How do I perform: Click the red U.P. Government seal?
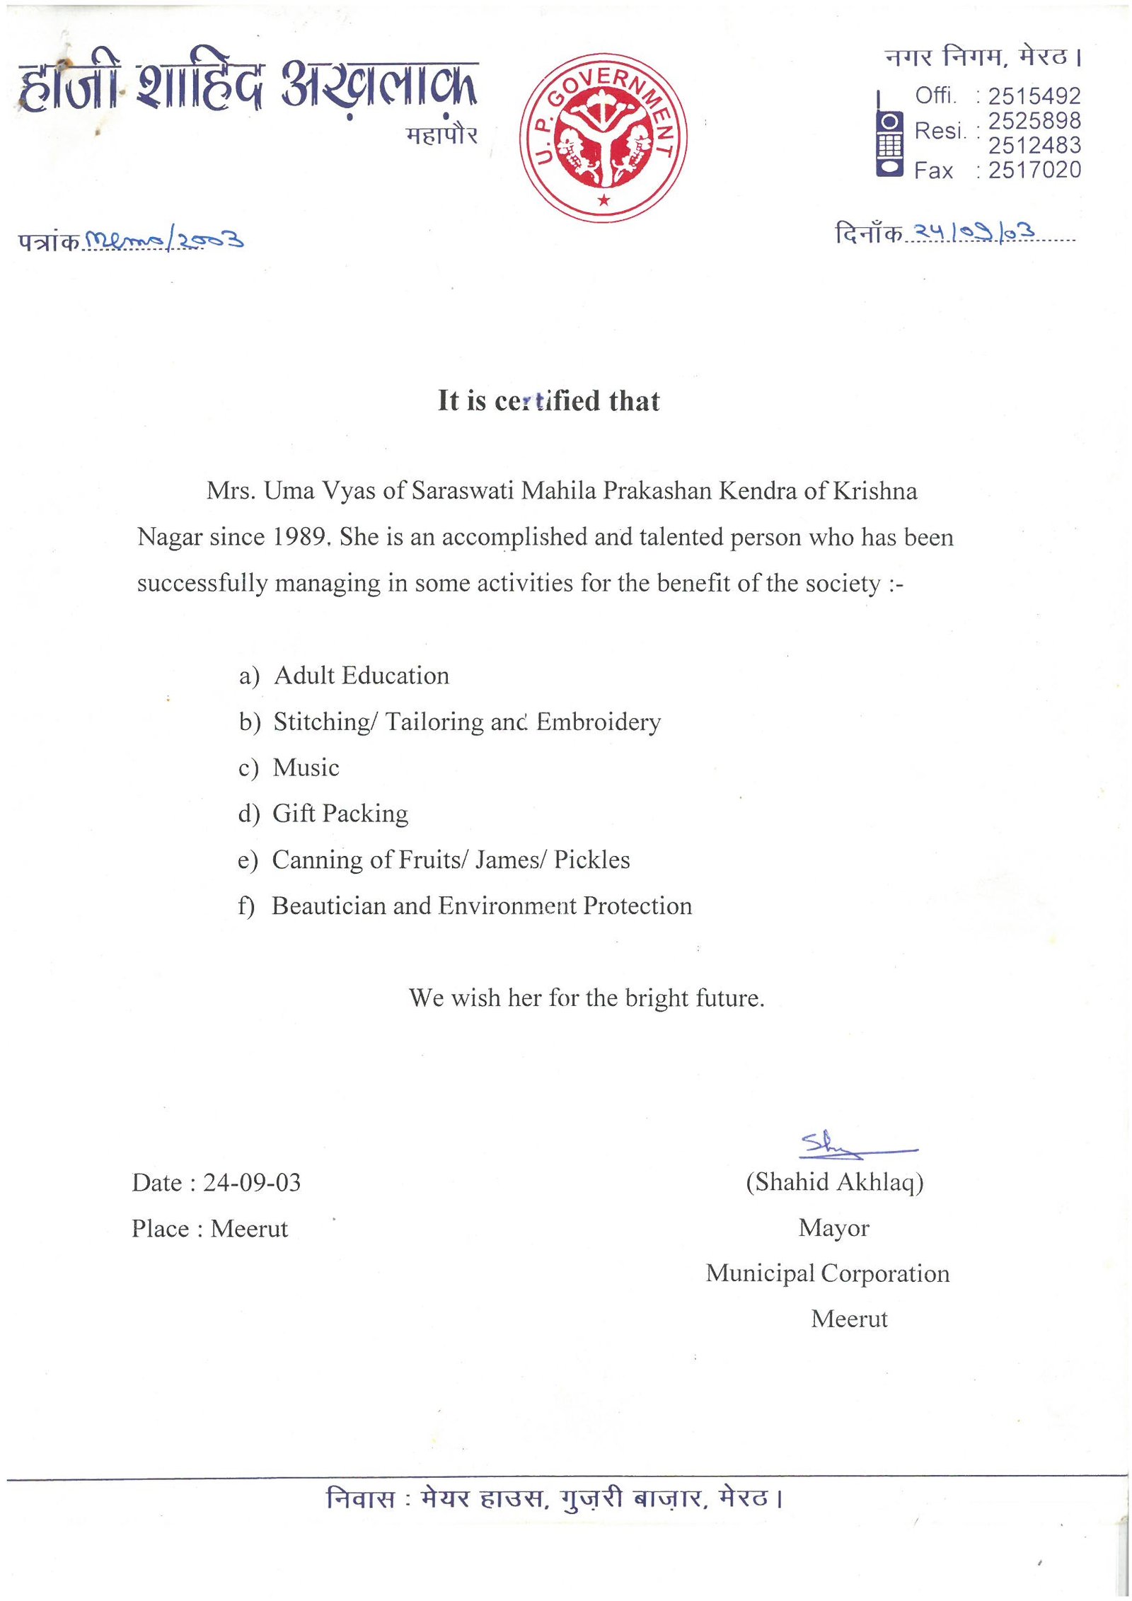coord(603,137)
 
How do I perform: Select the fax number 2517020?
coord(1034,170)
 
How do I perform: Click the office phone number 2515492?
coord(1034,96)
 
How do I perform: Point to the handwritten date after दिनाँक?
coord(974,231)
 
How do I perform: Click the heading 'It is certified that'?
coord(548,400)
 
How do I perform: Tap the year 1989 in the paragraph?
coord(300,536)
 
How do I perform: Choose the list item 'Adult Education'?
coord(361,675)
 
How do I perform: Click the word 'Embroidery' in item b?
coord(599,722)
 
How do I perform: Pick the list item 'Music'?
coord(306,768)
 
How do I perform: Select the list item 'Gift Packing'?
coord(340,814)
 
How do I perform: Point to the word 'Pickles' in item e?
coord(591,860)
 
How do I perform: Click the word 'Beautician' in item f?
coord(328,906)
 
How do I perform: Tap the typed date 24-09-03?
coord(252,1182)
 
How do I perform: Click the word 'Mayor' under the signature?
coord(833,1227)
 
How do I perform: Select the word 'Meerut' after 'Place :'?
coord(249,1228)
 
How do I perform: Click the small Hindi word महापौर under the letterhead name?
coord(441,134)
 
